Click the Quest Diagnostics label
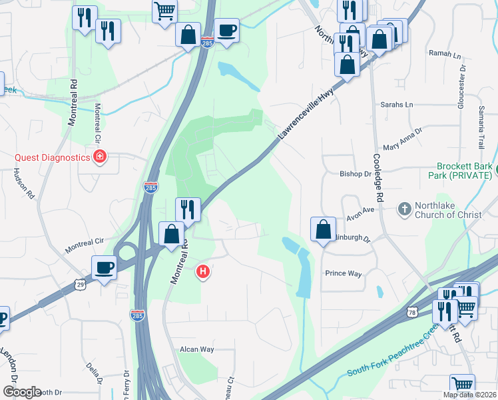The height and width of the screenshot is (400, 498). pyautogui.click(x=53, y=157)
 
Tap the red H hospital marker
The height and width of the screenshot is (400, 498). pyautogui.click(x=204, y=271)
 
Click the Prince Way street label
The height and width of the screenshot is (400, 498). pyautogui.click(x=343, y=273)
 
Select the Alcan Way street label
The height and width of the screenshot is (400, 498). pyautogui.click(x=196, y=349)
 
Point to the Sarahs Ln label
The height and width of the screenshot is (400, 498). pyautogui.click(x=397, y=105)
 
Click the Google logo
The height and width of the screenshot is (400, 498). pyautogui.click(x=22, y=392)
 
